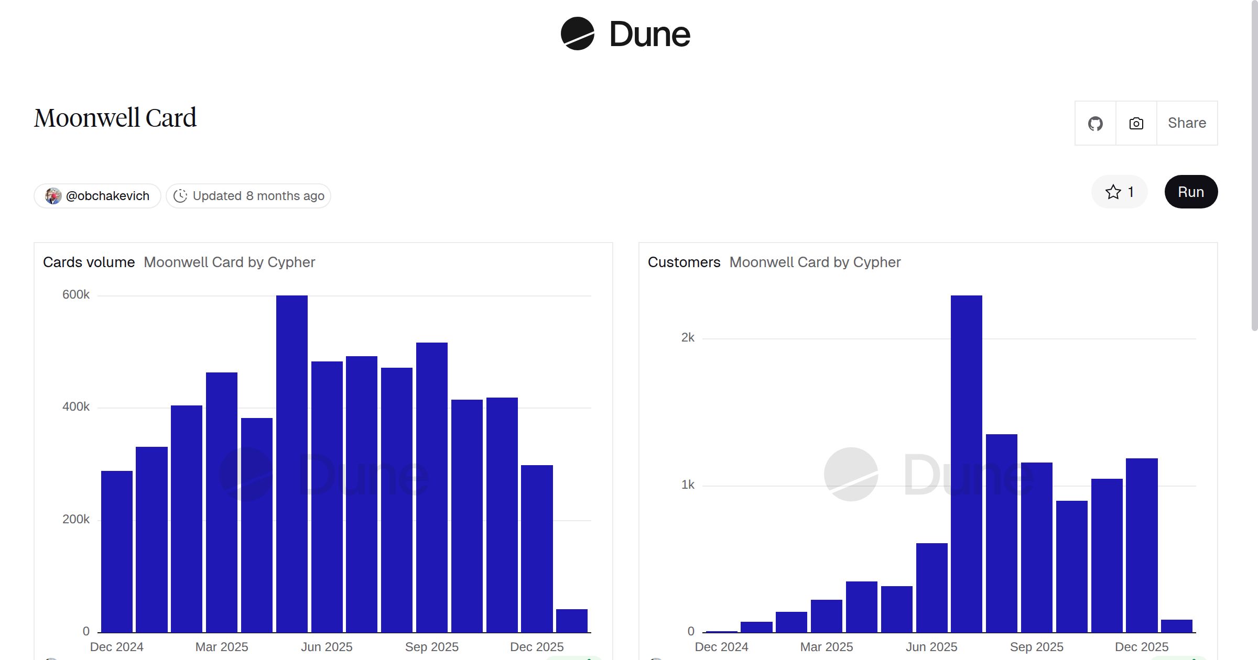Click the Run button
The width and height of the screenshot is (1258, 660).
[1191, 192]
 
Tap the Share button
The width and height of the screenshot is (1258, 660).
[1187, 123]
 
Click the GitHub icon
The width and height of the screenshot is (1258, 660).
[1095, 124]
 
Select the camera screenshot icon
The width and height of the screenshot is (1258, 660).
[1136, 124]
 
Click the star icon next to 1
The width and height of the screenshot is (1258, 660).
[1113, 192]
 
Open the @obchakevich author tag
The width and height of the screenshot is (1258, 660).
[97, 196]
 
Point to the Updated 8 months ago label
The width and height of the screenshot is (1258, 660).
[248, 196]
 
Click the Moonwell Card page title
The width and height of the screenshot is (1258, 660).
[115, 118]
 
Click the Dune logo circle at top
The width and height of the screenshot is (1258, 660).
[577, 34]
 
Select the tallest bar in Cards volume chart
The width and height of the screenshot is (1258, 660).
[292, 461]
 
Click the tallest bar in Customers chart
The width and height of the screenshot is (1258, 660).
[966, 461]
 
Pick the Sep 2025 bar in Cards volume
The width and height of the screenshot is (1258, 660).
[432, 487]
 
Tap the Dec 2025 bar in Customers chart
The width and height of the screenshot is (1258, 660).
[1142, 545]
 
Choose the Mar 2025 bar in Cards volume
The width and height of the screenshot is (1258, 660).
[222, 503]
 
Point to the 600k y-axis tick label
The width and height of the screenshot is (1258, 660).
[76, 294]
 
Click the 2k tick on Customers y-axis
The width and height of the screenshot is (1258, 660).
[688, 337]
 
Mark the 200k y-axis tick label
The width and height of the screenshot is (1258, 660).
[76, 519]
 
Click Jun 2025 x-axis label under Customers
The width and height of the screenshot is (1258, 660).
[931, 647]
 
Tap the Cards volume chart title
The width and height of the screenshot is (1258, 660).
[89, 262]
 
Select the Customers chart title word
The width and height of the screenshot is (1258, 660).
[684, 262]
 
